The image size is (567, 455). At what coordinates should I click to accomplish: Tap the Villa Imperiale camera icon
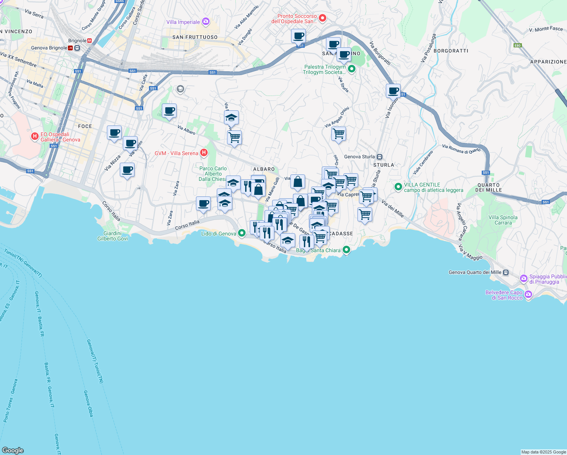pyautogui.click(x=206, y=22)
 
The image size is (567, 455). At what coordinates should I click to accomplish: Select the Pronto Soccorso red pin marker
pyautogui.click(x=323, y=18)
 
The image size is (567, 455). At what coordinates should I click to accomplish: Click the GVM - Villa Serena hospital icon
pyautogui.click(x=204, y=153)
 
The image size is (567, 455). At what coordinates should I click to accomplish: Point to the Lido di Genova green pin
pyautogui.click(x=241, y=233)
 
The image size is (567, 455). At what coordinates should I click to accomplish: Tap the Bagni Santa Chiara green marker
pyautogui.click(x=346, y=250)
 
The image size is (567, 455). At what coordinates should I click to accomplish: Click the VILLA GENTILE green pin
pyautogui.click(x=398, y=187)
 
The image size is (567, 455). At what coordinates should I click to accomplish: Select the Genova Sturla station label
pyautogui.click(x=359, y=157)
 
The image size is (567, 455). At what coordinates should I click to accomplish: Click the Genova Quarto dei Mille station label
pyautogui.click(x=475, y=272)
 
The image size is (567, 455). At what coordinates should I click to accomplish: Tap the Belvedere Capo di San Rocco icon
pyautogui.click(x=528, y=294)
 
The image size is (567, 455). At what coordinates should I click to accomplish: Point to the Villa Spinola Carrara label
pyautogui.click(x=503, y=220)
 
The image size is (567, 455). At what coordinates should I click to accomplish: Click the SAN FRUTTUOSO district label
pyautogui.click(x=195, y=37)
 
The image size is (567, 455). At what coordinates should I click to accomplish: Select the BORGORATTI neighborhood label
pyautogui.click(x=451, y=51)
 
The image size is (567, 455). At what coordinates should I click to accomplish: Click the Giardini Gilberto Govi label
pyautogui.click(x=113, y=236)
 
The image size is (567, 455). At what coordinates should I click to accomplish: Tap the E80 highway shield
pyautogui.click(x=517, y=45)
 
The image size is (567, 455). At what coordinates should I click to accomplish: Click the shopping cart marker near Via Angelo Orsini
pyautogui.click(x=338, y=133)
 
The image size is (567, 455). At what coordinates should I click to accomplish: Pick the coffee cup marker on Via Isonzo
pyautogui.click(x=393, y=91)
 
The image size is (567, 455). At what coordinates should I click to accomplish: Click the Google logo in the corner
pyautogui.click(x=13, y=450)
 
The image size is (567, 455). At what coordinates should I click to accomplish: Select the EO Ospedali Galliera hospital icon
pyautogui.click(x=35, y=136)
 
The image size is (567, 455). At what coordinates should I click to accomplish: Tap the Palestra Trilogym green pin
pyautogui.click(x=352, y=69)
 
